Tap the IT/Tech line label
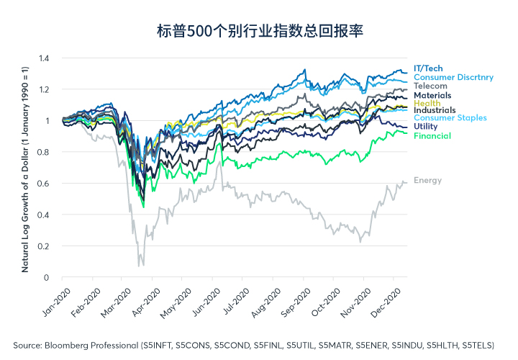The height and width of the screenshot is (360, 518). pyautogui.click(x=430, y=68)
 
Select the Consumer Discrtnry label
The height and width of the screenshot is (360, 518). pyautogui.click(x=454, y=77)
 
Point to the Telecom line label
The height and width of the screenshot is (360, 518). pyautogui.click(x=431, y=86)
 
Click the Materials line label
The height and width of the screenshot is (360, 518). pyautogui.click(x=433, y=95)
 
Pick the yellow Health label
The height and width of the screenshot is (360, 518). pyautogui.click(x=427, y=103)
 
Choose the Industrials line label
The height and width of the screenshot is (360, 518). pyautogui.click(x=435, y=110)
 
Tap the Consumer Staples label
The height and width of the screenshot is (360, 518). pyautogui.click(x=450, y=118)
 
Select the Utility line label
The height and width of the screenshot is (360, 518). pyautogui.click(x=426, y=127)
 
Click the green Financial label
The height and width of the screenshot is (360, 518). pyautogui.click(x=432, y=136)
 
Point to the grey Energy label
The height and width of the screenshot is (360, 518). pyautogui.click(x=427, y=181)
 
